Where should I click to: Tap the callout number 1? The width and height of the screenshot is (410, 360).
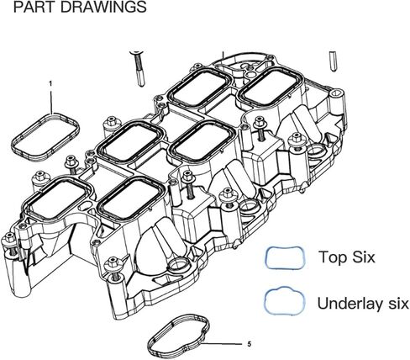pos(50,83)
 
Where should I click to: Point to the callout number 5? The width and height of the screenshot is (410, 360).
pos(250,344)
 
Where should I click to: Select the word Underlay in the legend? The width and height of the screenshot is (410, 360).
pos(351,304)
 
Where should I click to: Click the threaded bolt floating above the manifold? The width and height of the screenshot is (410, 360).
pos(139,68)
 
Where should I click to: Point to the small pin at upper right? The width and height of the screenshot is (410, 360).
pos(334,61)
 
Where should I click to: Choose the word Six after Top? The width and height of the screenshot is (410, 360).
pos(364,257)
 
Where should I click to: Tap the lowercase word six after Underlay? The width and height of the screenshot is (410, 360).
pos(398,304)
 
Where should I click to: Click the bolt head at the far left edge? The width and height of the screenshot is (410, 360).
pos(9,237)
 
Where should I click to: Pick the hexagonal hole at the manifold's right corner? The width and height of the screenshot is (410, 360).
pos(337,93)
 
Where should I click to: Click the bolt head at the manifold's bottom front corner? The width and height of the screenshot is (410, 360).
pos(113,262)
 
